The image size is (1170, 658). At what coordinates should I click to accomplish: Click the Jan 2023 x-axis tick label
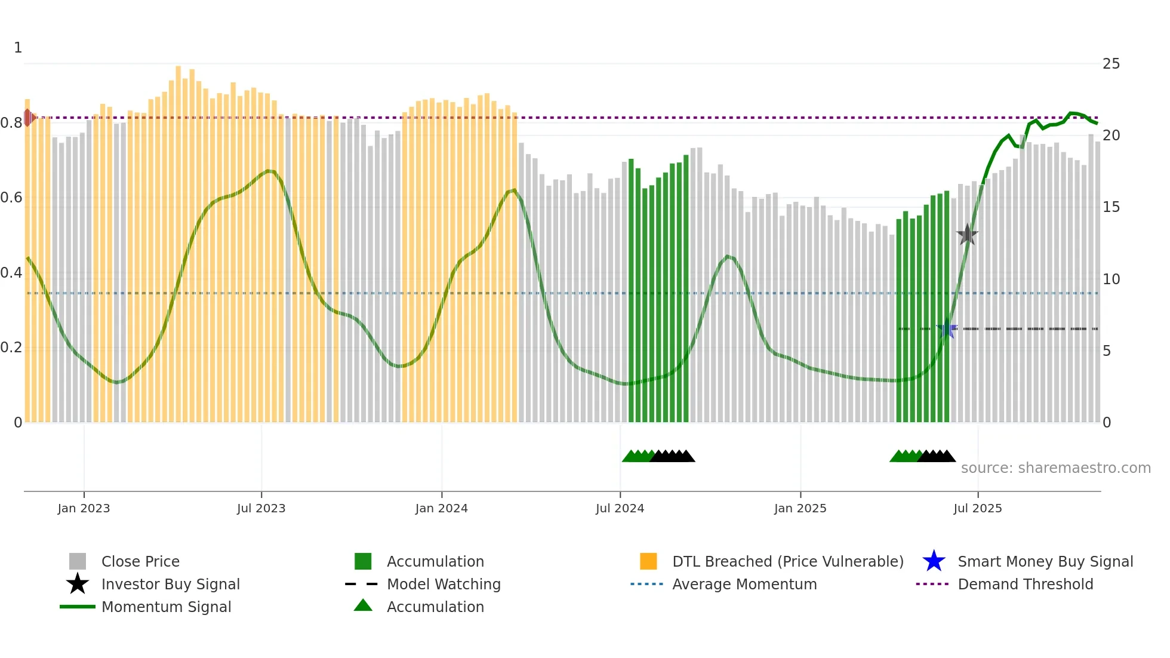[x=84, y=508]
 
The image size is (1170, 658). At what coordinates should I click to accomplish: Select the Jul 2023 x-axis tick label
[x=261, y=508]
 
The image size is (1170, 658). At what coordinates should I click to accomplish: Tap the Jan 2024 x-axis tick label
[x=441, y=508]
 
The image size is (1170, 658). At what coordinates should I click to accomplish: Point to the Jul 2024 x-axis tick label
[x=620, y=508]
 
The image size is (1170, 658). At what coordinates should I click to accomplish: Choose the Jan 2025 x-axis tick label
[x=800, y=508]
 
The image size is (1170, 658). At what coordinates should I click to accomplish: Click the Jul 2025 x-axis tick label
[x=977, y=508]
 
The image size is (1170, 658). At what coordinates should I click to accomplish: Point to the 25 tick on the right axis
[x=1111, y=64]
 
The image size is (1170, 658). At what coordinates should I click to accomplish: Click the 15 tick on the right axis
[x=1111, y=207]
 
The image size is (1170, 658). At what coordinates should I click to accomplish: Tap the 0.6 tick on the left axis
[x=11, y=198]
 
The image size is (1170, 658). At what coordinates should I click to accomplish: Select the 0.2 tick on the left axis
[x=11, y=348]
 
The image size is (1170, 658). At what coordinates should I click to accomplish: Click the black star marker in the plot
[x=967, y=235]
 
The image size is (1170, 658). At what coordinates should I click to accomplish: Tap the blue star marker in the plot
[x=947, y=328]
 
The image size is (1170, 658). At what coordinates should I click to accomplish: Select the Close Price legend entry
[x=140, y=561]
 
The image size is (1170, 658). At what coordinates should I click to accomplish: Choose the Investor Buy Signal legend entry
[x=170, y=584]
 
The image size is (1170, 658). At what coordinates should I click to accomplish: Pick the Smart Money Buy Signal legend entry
[x=1045, y=561]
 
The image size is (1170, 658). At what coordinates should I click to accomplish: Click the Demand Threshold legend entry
[x=1025, y=584]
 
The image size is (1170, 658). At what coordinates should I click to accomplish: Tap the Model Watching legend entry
[x=443, y=584]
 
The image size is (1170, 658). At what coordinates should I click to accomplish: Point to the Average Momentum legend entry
[x=744, y=584]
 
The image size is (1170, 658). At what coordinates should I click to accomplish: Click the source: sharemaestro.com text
[x=1055, y=468]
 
